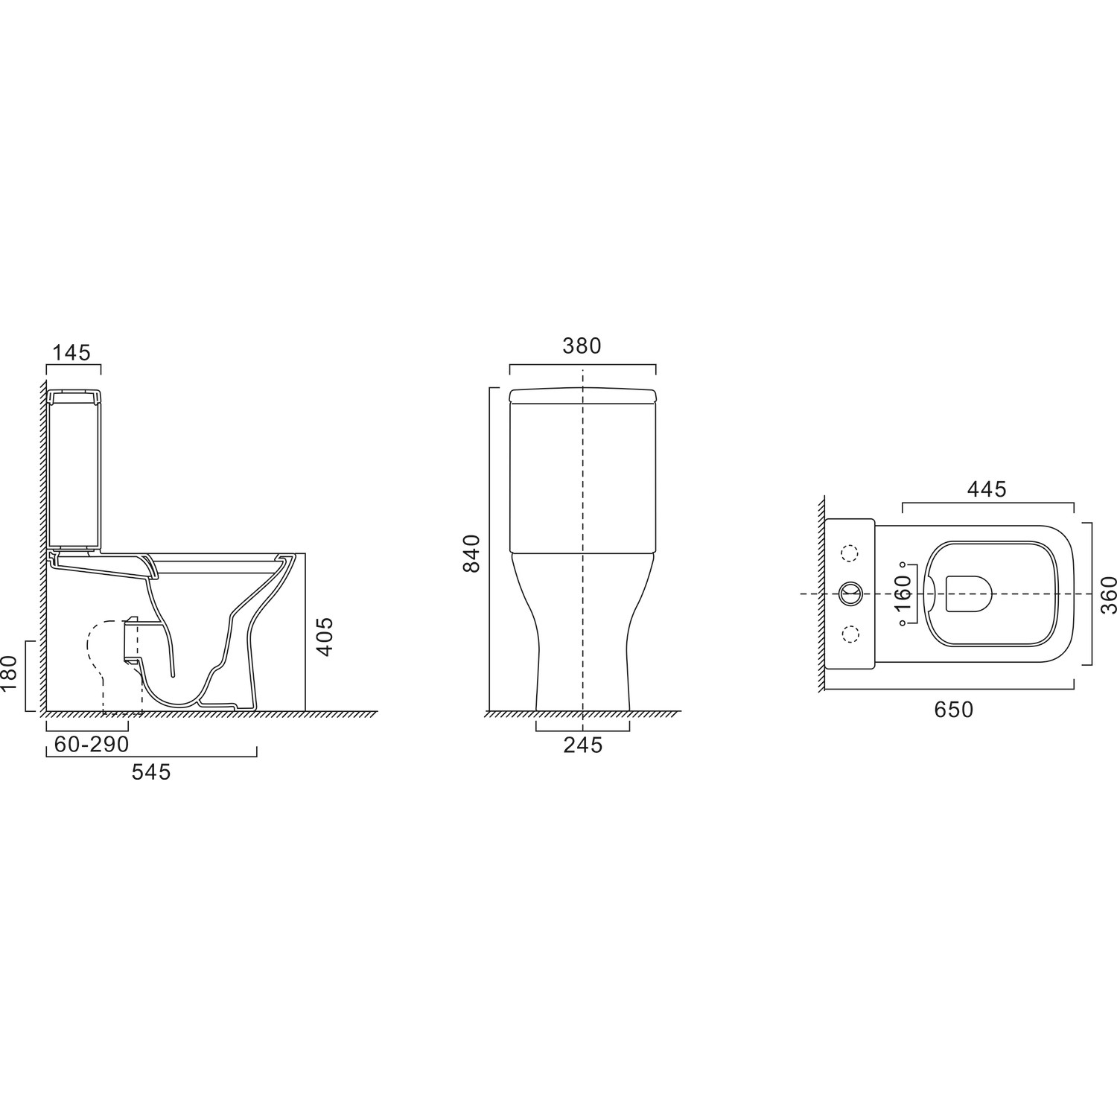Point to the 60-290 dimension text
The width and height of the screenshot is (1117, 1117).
point(92,744)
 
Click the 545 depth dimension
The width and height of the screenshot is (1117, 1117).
point(151,772)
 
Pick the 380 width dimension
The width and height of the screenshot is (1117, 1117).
point(581,346)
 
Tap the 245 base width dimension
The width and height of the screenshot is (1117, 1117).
point(582,744)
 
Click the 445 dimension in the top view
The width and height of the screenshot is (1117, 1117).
point(987,489)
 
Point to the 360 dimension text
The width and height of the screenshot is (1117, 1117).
point(1109,594)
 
